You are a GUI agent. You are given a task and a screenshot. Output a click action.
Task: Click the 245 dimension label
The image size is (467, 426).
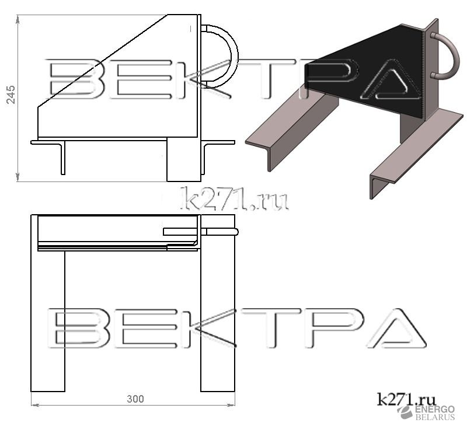11,95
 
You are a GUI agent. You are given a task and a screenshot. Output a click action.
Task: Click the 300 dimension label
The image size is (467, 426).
135,399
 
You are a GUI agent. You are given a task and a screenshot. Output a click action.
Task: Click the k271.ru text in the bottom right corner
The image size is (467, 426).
406,399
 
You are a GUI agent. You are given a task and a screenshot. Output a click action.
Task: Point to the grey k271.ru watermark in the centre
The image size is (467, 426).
235,198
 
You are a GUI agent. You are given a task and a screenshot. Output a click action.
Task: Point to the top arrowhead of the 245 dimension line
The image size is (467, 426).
18,19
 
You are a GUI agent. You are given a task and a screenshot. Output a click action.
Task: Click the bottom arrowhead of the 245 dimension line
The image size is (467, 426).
18,177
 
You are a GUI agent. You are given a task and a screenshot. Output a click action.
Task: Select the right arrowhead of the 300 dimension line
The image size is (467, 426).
231,405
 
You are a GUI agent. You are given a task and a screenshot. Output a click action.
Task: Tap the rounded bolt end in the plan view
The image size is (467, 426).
235,232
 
